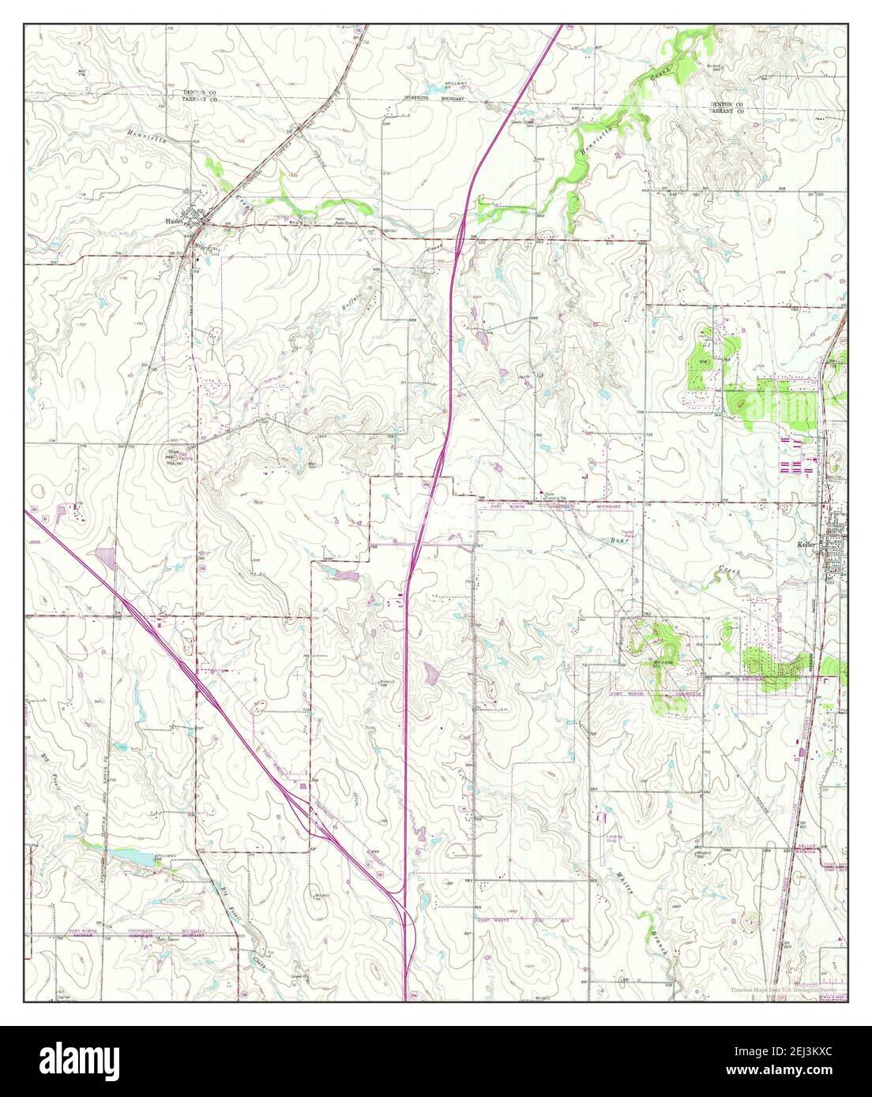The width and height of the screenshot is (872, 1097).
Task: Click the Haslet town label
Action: pyautogui.click(x=174, y=220)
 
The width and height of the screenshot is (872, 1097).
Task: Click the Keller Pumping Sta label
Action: pyautogui.click(x=556, y=497)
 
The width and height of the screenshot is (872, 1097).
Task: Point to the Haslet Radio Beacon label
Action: pyautogui.click(x=341, y=222)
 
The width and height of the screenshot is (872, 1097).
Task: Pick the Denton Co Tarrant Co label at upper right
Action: pyautogui.click(x=727, y=108)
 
